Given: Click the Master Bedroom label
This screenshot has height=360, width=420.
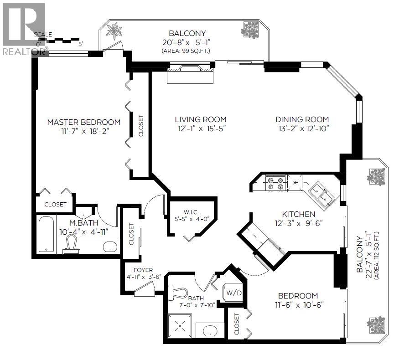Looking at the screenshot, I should [84, 122].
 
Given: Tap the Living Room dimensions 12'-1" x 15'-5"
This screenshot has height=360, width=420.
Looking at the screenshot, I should [201, 129].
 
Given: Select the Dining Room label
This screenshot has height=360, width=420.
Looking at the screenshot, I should [302, 119].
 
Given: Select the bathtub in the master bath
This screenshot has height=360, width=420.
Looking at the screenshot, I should [46, 234].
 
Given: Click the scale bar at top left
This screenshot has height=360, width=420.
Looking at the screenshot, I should [64, 41].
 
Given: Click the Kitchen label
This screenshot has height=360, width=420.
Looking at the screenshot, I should [298, 214].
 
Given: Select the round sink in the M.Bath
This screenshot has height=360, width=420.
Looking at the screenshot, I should [109, 247].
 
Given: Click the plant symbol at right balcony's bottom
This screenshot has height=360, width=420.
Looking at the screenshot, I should [377, 324].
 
